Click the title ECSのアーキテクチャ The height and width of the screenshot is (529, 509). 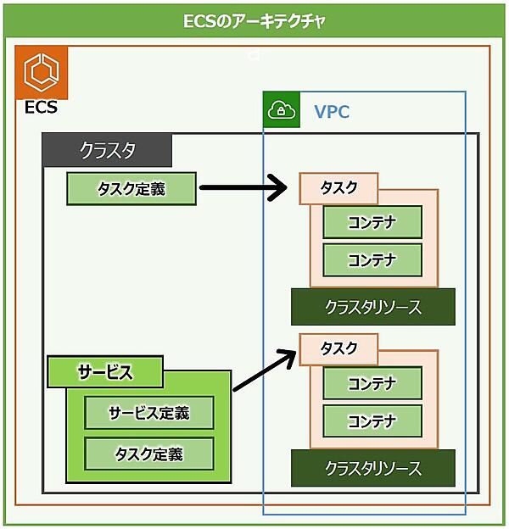coord(254,21)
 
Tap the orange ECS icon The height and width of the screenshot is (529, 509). coord(41,71)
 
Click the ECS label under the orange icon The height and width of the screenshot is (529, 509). coord(41,109)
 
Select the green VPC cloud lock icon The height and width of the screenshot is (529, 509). coord(281,110)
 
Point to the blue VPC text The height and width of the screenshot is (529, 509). coord(332,112)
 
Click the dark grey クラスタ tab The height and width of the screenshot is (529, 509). coord(108,150)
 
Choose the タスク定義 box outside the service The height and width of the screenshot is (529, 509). coord(131,189)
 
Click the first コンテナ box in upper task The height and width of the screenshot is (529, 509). coord(372,222)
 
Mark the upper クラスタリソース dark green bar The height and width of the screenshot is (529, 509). coord(372,307)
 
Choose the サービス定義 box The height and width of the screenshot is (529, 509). coord(148,414)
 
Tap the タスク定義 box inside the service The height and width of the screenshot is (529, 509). coord(148,454)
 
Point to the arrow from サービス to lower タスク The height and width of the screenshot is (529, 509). coord(265,365)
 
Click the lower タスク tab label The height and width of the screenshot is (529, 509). coord(338,348)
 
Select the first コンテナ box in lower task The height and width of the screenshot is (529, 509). coord(372,383)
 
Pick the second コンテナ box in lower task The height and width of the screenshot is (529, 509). coord(372,420)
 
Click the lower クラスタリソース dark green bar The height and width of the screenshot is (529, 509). coord(372,468)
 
